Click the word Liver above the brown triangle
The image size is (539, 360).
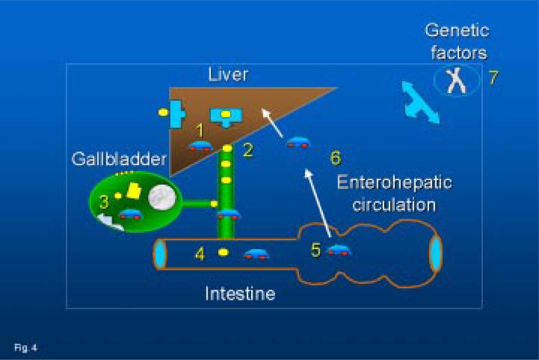(228, 74)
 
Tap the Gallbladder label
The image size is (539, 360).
(119, 159)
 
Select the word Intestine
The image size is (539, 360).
(240, 294)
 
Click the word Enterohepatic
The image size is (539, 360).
(394, 182)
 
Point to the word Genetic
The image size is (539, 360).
(457, 31)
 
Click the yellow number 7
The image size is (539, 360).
(494, 78)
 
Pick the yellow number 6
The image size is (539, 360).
(335, 158)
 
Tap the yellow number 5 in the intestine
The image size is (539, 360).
(315, 250)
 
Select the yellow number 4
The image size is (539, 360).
(200, 254)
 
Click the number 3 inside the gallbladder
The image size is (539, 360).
(104, 202)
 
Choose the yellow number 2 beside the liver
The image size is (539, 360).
(248, 150)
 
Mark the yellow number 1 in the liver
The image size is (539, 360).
(201, 130)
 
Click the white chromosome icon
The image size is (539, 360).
(456, 81)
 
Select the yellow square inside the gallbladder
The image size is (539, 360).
(134, 191)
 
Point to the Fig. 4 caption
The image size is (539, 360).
(26, 348)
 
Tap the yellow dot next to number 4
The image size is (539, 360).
(223, 252)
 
